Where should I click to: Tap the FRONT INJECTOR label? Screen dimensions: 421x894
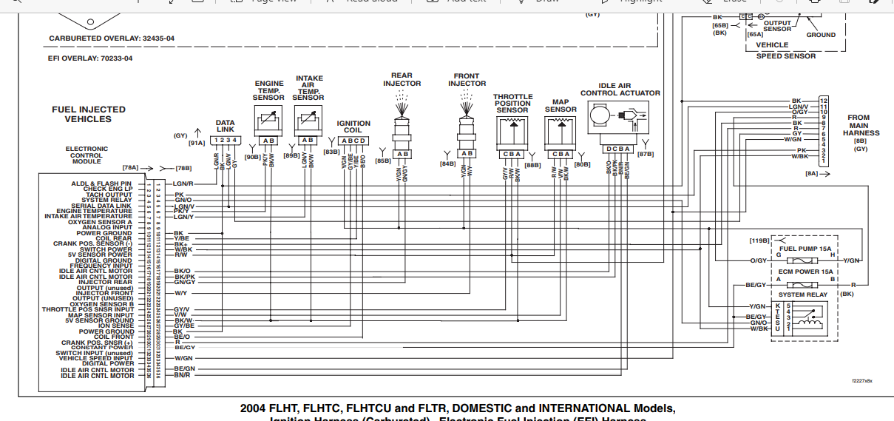tap(467, 79)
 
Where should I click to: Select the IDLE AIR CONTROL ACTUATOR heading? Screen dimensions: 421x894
tap(620, 89)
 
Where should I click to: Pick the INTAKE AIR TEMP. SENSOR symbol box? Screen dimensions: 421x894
tap(308, 118)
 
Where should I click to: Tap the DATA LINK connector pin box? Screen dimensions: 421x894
tap(224, 140)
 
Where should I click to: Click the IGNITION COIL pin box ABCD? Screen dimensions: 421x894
tap(353, 141)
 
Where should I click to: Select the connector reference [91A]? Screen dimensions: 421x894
tap(197, 144)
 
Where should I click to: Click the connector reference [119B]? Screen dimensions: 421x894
tap(759, 240)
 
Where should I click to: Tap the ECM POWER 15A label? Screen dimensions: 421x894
tap(805, 272)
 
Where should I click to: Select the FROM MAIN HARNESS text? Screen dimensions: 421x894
tap(861, 129)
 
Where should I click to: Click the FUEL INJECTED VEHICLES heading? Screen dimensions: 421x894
tap(88, 114)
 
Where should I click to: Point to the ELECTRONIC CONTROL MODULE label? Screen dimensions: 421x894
tap(87, 155)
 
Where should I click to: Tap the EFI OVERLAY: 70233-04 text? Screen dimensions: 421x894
tap(90, 58)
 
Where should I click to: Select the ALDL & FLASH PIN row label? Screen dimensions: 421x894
tap(101, 183)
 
